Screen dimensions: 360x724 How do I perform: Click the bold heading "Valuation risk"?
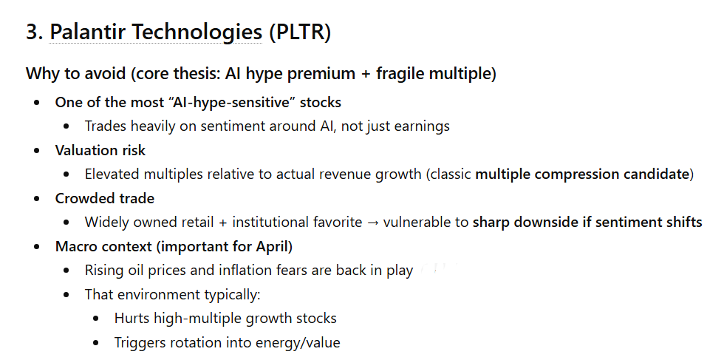tap(100, 150)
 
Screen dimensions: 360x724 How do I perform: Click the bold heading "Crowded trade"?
tap(105, 198)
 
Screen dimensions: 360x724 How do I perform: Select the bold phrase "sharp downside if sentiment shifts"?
tap(587, 223)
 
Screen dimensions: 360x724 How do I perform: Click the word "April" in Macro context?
tap(270, 246)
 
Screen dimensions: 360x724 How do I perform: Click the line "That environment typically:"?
tap(173, 294)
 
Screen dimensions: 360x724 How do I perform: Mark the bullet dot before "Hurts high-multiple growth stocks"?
tap(98, 319)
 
